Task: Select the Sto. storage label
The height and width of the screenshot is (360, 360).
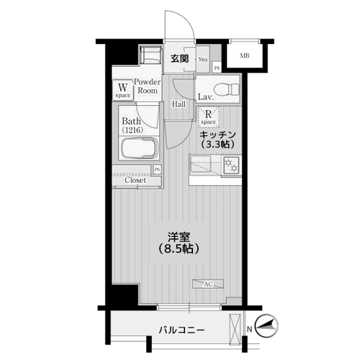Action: coord(202,60)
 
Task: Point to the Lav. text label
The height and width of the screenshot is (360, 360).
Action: coord(204,96)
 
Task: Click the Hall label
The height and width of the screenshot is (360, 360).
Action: coord(179,104)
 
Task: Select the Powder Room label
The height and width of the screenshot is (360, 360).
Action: coord(147,86)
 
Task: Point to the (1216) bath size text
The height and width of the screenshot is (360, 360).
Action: coord(132,130)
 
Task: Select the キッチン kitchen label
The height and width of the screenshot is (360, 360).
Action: coord(218,135)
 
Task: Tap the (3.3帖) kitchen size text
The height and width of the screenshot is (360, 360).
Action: coord(218,145)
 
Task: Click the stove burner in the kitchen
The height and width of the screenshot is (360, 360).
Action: coord(233,166)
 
